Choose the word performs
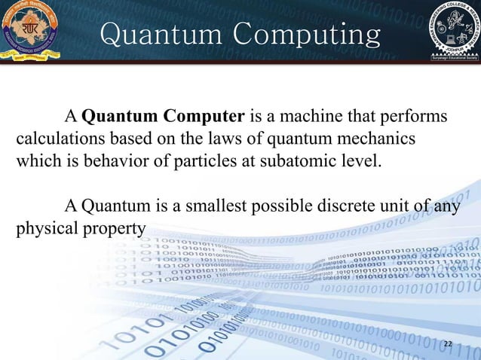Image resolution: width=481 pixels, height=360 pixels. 416,118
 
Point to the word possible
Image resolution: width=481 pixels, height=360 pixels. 269,206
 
